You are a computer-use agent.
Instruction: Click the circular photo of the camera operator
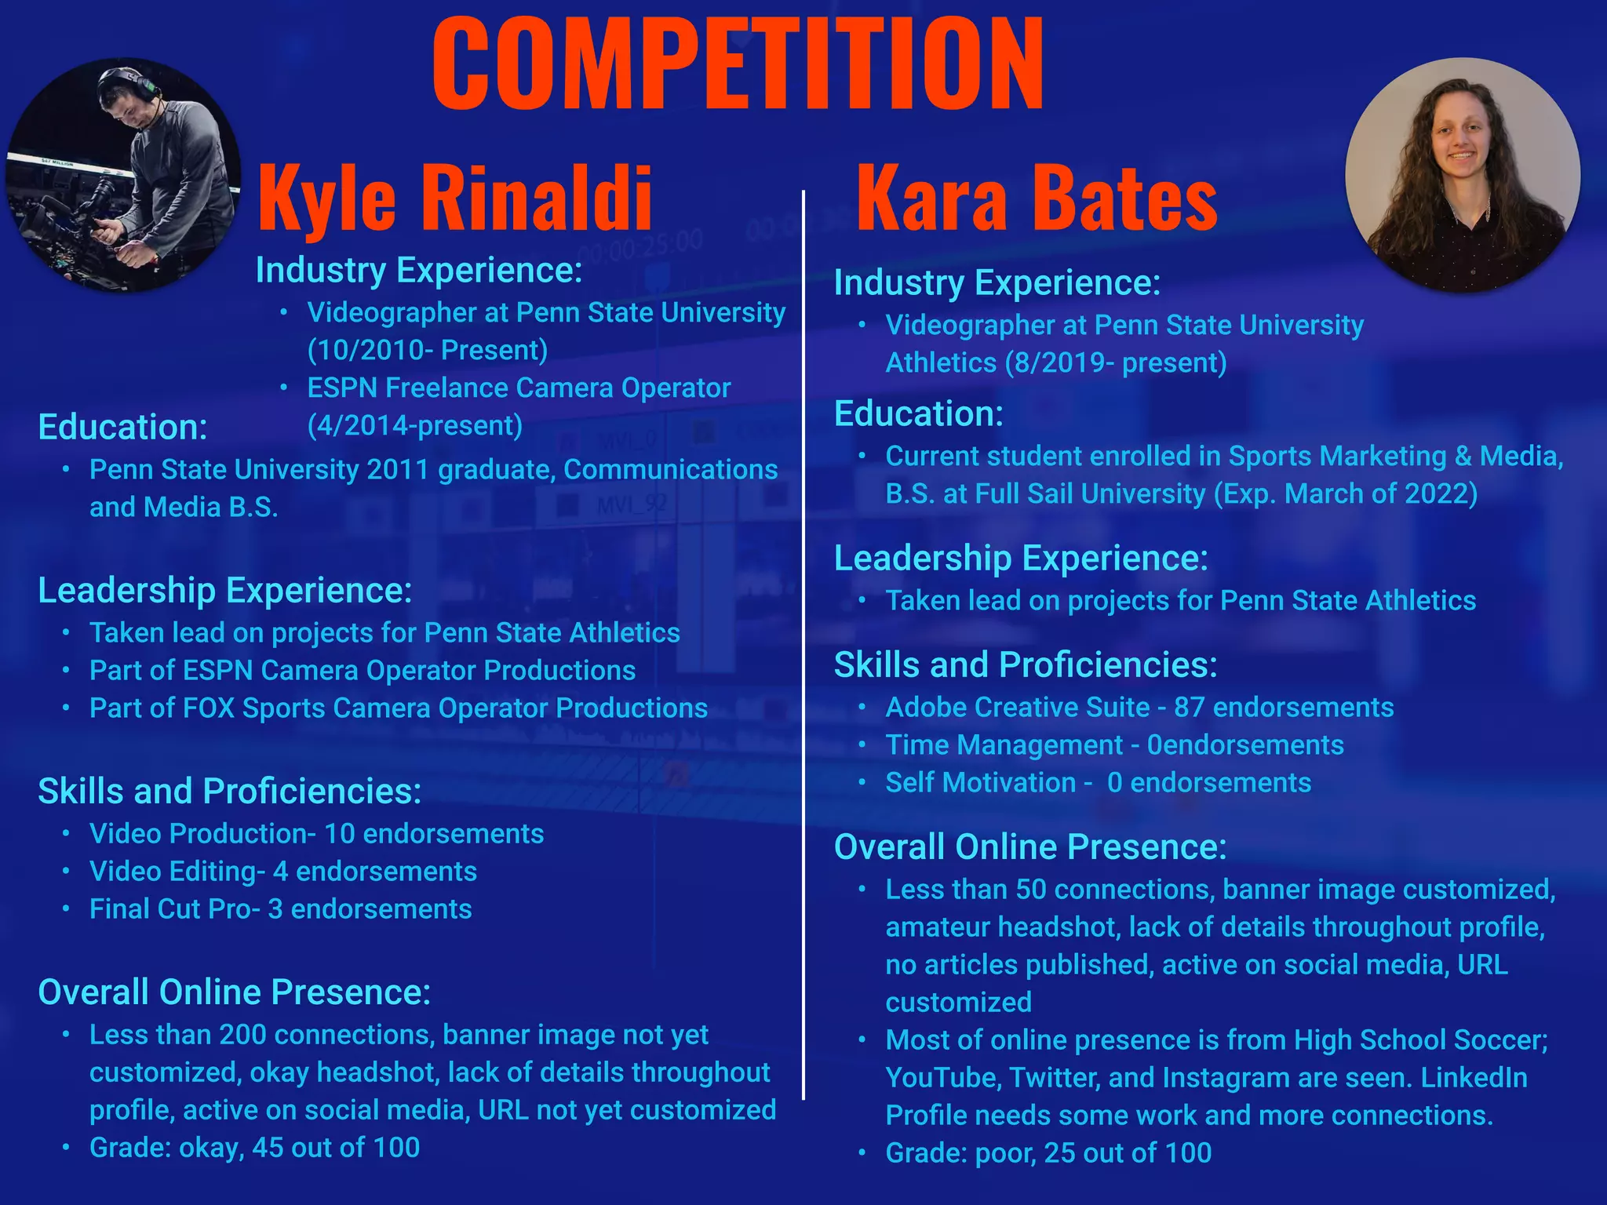pos(123,175)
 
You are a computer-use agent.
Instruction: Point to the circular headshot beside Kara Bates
pos(1462,175)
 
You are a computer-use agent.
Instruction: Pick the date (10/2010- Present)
pos(428,350)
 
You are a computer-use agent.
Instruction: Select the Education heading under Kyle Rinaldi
pos(122,428)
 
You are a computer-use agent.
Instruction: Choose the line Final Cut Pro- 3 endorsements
pos(280,908)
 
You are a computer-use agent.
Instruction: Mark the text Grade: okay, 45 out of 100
pos(254,1147)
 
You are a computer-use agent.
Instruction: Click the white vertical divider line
pos(803,643)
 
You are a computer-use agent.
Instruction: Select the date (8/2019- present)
pos(1115,362)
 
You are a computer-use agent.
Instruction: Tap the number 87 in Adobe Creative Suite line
pos(1189,707)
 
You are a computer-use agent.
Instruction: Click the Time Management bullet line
pos(1114,744)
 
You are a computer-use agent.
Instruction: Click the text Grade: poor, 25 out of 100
pos(1048,1152)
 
